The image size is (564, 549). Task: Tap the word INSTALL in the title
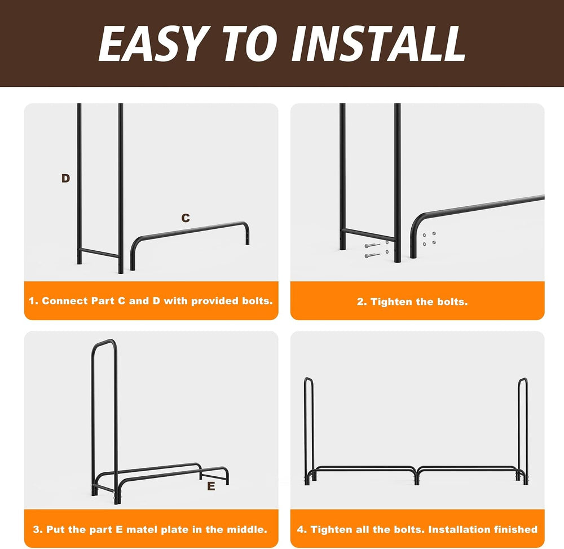tap(378, 43)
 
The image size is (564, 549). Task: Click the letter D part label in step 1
tap(65, 178)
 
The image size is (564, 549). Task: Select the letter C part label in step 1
tap(185, 218)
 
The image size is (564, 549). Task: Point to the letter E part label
tap(211, 486)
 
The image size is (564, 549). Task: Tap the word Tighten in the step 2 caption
tap(391, 302)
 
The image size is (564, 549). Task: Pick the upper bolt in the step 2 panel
tap(372, 246)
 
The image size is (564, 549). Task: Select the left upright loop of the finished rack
tap(309, 428)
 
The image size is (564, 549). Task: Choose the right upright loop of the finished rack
tap(523, 428)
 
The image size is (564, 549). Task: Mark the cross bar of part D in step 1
tap(99, 253)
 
